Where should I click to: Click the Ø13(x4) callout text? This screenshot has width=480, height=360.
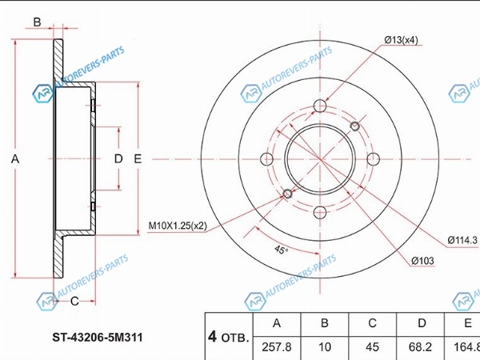coord(401,40)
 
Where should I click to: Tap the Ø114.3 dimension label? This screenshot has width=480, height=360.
coord(462,240)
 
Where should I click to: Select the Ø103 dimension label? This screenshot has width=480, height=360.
coord(422,261)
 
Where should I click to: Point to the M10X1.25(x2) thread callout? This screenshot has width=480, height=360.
coord(178,226)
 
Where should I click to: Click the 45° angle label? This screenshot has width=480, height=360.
coord(281,250)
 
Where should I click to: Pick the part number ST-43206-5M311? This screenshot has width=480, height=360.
coord(98,338)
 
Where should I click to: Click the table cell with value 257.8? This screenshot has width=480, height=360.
coord(277,347)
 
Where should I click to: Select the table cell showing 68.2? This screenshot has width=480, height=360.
coord(420,347)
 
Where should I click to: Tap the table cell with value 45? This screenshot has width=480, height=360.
coord(372,347)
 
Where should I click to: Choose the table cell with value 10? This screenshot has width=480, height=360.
coord(325,347)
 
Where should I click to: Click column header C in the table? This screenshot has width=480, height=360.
coord(372,323)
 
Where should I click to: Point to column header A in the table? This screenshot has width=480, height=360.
coord(277,323)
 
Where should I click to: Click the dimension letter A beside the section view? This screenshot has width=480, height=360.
coord(15,159)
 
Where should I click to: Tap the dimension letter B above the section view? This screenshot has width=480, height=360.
coord(37,22)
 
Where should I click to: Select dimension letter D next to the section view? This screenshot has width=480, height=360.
coord(118,158)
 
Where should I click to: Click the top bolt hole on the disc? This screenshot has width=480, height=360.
coord(320,106)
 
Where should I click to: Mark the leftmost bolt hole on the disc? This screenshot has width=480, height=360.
coord(266,159)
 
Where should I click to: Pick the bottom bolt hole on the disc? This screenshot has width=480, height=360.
coord(320,213)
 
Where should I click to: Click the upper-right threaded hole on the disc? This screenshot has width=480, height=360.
coord(354,126)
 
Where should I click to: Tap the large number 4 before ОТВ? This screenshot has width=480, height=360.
coord(212,337)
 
